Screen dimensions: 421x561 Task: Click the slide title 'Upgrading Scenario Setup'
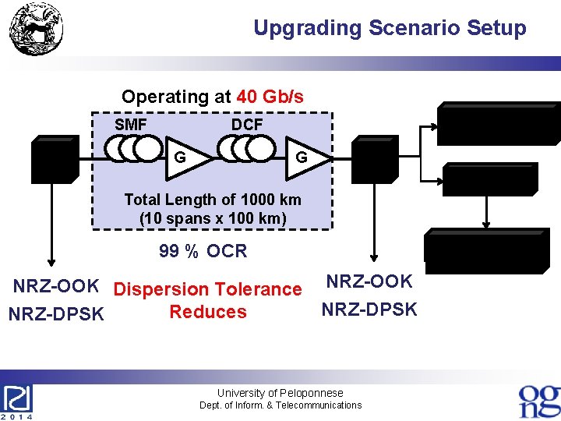point(390,29)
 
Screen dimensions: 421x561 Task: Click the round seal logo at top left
point(37,29)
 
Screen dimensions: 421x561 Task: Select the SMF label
point(131,125)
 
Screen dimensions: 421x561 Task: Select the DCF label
point(247,125)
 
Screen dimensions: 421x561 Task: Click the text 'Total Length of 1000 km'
point(213,200)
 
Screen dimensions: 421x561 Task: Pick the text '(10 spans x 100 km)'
point(213,218)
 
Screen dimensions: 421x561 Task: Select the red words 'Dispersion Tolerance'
point(208,290)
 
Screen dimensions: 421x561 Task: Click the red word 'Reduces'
point(208,312)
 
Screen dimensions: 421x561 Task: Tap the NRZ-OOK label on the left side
point(55,286)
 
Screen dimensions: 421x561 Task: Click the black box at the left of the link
point(54,159)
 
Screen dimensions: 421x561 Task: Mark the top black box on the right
point(498,124)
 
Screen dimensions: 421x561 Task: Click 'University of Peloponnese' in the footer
point(280,393)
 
